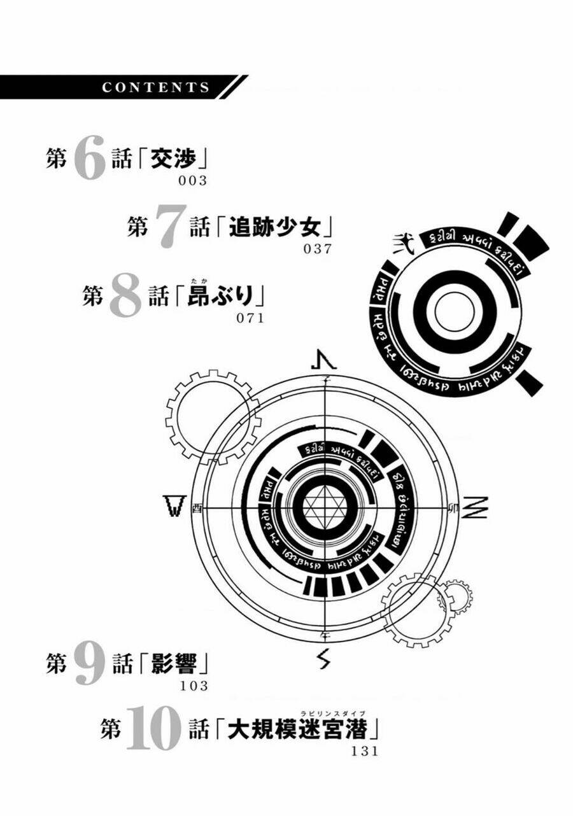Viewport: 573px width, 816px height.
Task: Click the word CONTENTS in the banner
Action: [155, 88]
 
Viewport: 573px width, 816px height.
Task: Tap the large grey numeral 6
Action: [88, 160]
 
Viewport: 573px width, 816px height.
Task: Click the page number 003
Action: [193, 181]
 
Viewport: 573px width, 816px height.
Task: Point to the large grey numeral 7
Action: [169, 228]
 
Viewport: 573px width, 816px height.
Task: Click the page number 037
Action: [318, 249]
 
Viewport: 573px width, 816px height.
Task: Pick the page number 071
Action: [250, 318]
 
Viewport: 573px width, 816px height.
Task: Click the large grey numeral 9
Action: [88, 665]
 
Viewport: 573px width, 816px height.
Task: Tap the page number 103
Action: [194, 686]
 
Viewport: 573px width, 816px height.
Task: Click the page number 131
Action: [365, 750]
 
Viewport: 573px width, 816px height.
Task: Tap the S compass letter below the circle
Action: [325, 661]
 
